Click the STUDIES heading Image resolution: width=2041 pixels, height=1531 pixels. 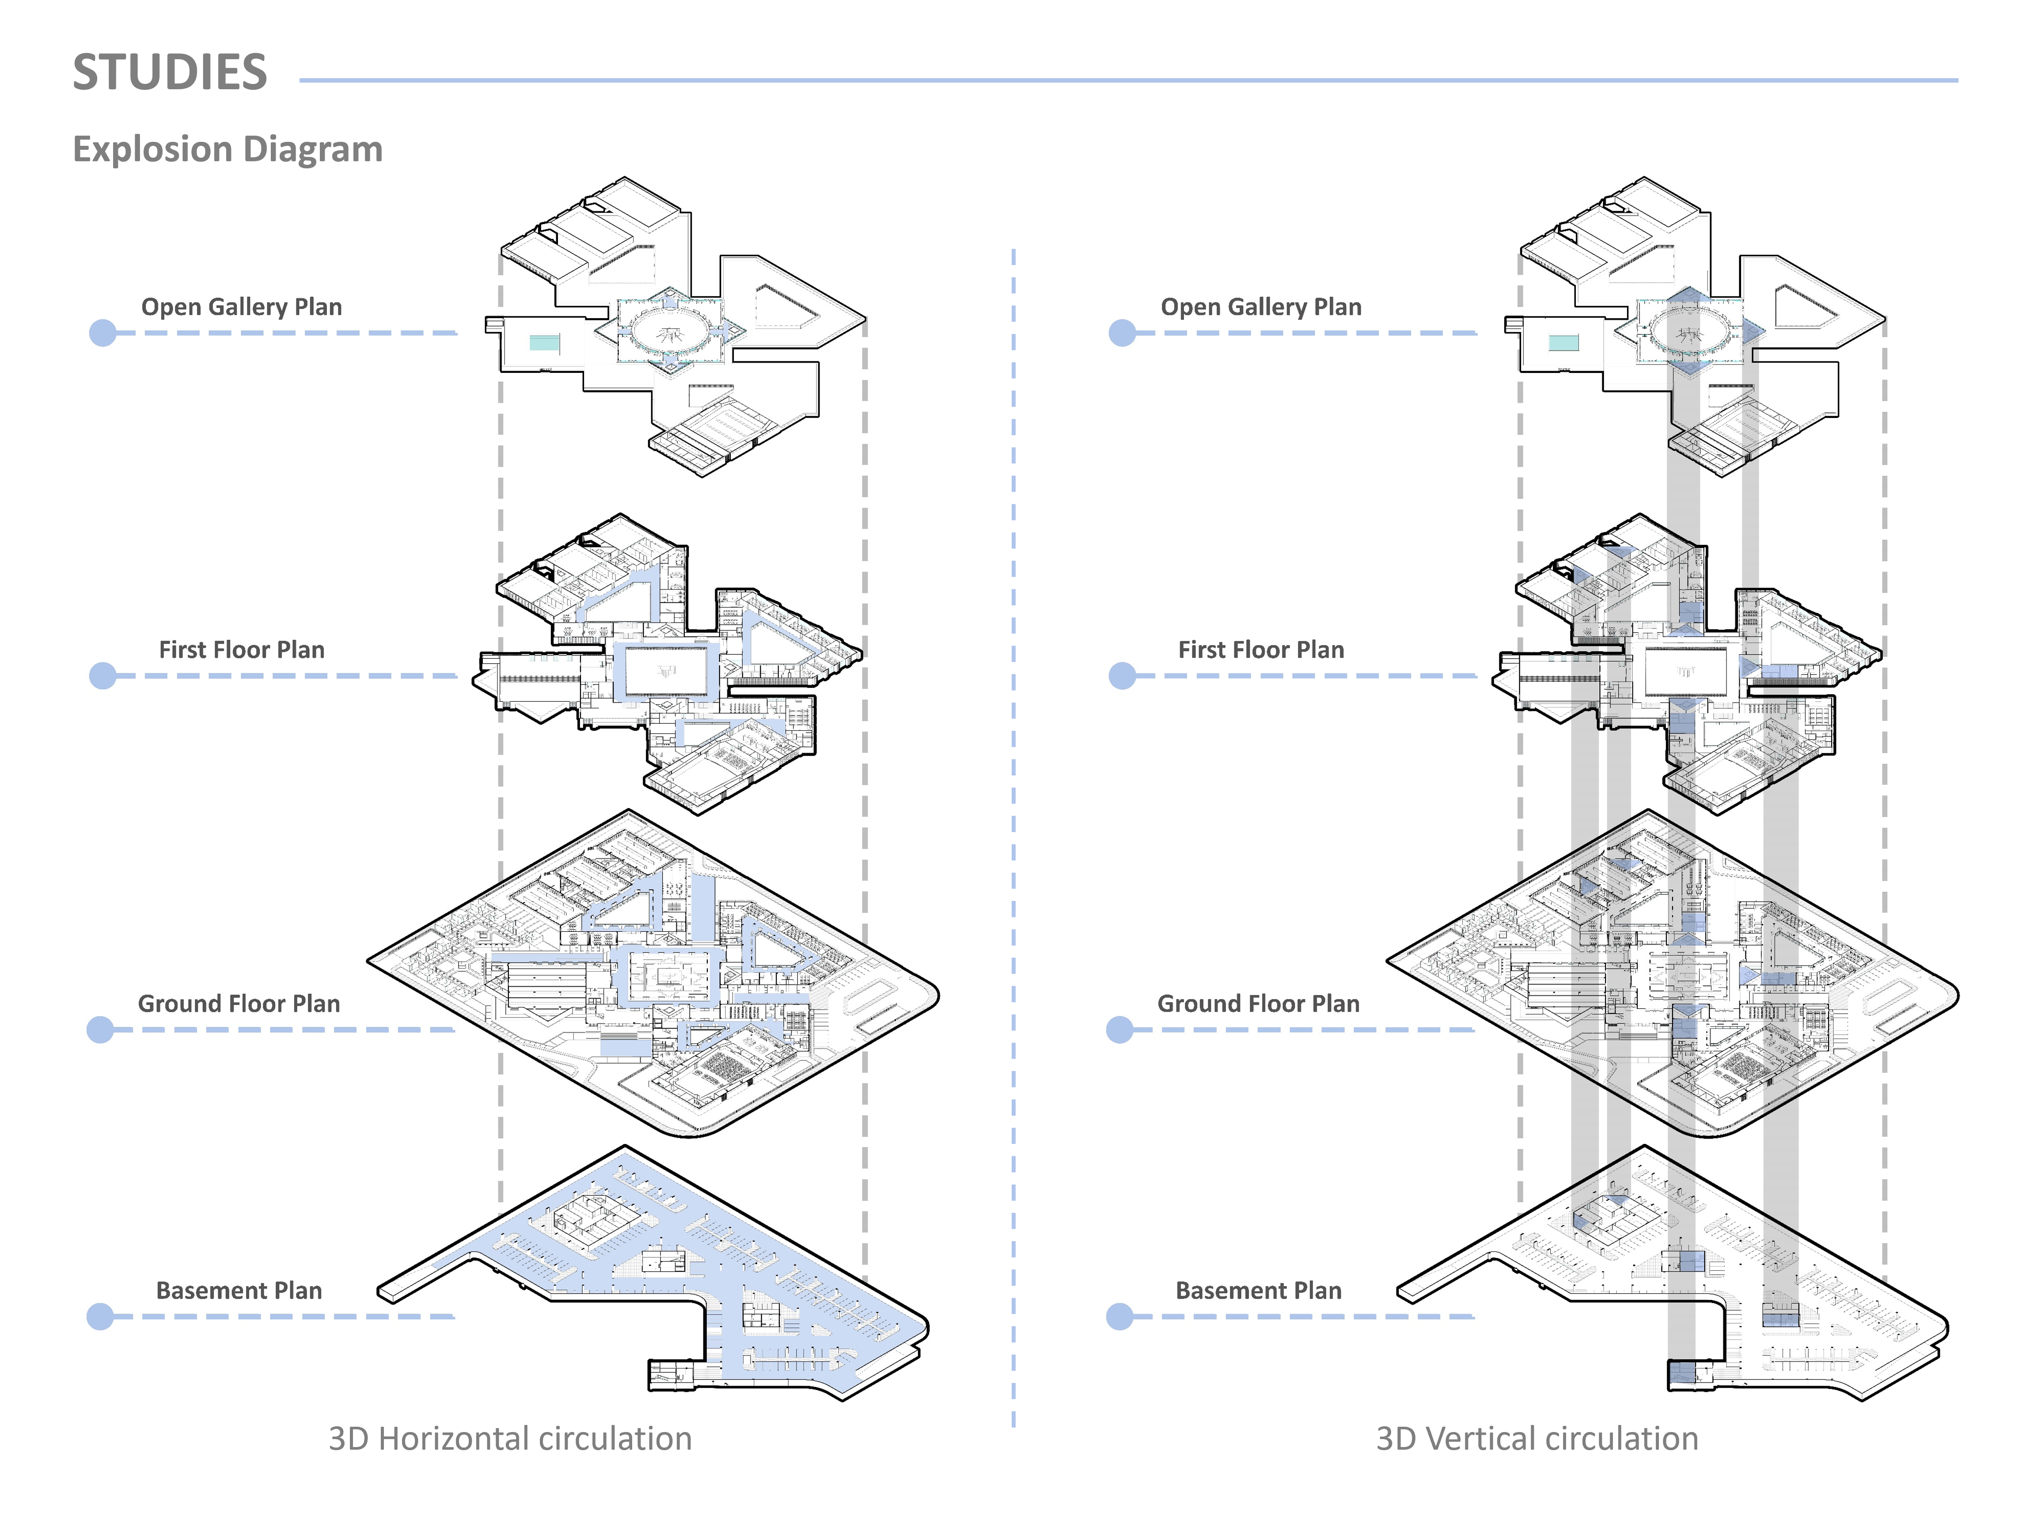[x=170, y=72]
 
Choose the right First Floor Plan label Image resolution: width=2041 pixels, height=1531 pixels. [x=1260, y=650]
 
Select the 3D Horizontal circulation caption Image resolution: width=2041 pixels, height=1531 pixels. [x=510, y=1439]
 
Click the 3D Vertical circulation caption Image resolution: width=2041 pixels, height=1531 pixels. [x=1536, y=1439]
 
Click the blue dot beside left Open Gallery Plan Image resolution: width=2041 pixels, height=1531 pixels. [x=102, y=333]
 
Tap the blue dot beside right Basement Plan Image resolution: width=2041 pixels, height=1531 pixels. [x=1120, y=1317]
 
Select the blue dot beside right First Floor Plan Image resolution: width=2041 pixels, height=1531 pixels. [x=1122, y=676]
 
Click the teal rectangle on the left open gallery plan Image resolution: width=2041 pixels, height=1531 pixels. [x=544, y=343]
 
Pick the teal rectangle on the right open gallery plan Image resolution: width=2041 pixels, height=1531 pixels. [x=1563, y=343]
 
